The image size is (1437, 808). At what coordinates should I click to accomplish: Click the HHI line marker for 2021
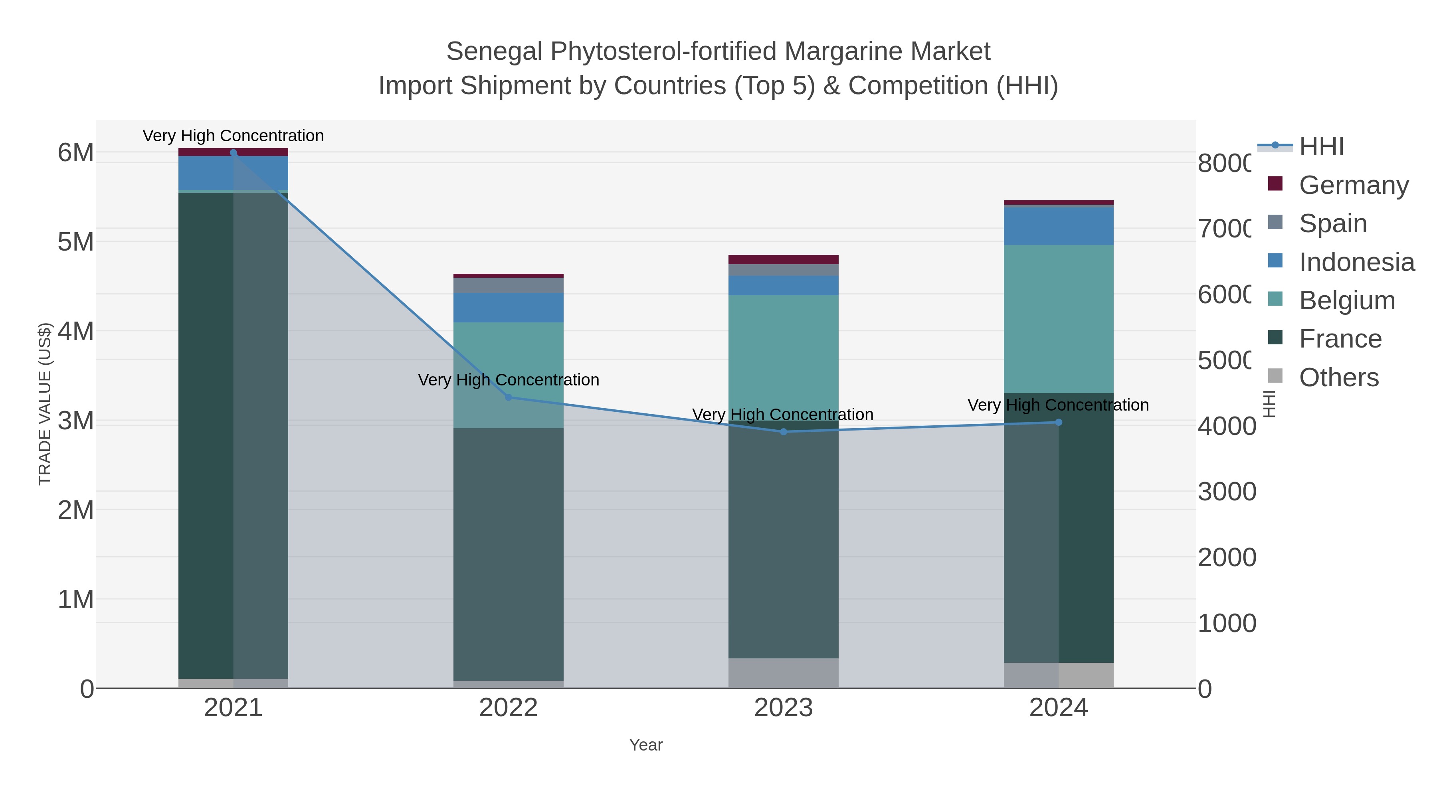coord(233,153)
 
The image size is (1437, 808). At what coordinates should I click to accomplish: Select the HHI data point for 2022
coord(508,397)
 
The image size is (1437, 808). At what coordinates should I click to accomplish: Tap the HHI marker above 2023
coord(783,432)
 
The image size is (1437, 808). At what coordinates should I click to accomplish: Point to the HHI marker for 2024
coord(1058,422)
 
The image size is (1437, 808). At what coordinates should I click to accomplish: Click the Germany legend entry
coord(1353,185)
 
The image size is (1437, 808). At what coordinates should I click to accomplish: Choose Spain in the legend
coord(1333,223)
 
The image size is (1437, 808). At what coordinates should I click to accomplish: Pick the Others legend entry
coord(1338,377)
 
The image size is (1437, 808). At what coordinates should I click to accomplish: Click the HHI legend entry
coord(1321,147)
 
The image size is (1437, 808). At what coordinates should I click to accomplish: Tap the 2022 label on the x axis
coord(508,707)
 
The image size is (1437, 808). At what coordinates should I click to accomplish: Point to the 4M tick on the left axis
coord(76,331)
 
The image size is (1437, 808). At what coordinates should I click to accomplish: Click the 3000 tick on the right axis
coord(1227,492)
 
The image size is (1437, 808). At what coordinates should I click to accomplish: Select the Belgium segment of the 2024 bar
coord(1058,319)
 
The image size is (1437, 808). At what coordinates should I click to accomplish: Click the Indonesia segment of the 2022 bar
coord(508,308)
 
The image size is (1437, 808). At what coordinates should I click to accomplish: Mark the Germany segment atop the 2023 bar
coord(783,259)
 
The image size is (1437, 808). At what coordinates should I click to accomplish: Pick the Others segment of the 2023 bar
coord(783,673)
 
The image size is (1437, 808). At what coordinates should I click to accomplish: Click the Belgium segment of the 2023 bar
coord(783,351)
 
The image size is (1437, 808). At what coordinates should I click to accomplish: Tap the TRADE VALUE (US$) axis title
coord(45,404)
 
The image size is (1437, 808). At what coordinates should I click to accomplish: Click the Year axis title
coord(645,745)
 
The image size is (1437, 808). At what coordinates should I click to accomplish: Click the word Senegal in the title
coord(494,51)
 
